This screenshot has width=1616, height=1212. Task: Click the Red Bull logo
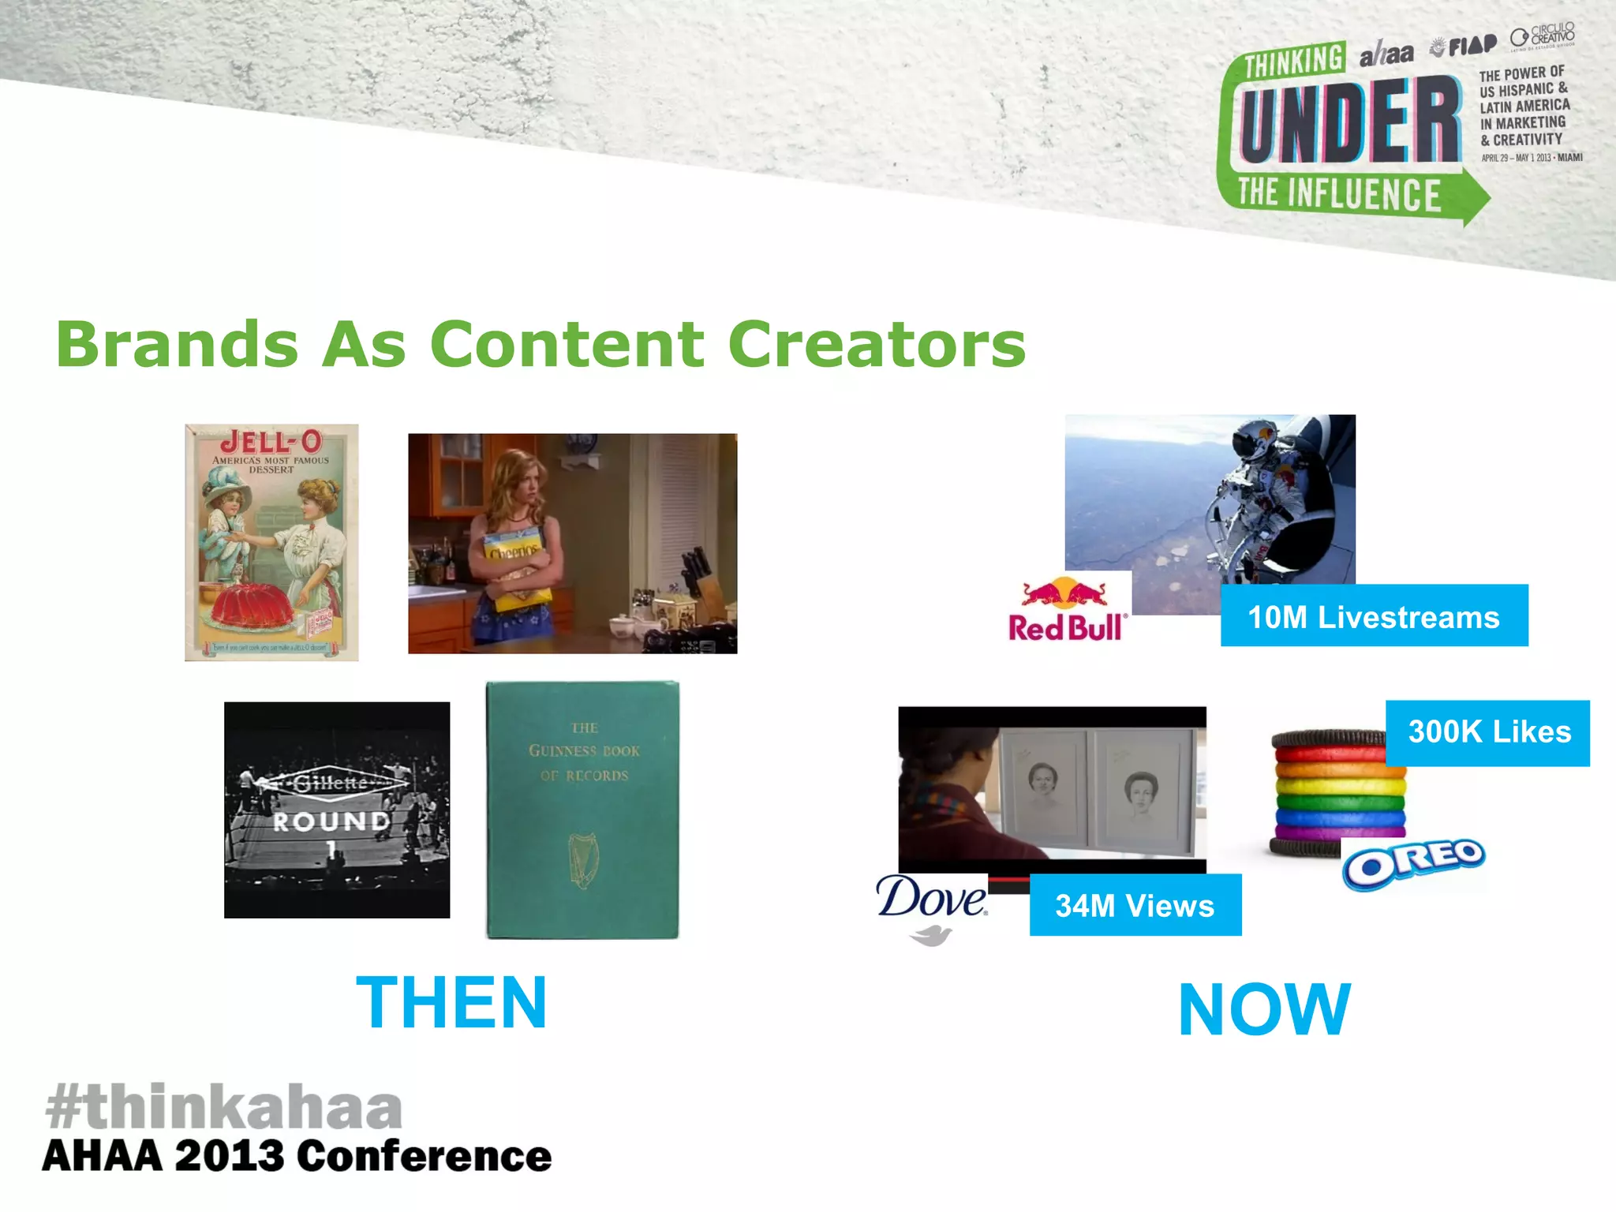(x=1067, y=611)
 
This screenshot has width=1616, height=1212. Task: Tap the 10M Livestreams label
(x=1373, y=617)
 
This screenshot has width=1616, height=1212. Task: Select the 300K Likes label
(x=1489, y=732)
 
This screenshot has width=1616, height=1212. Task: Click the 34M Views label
(x=1135, y=906)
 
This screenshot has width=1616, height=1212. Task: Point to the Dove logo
(x=932, y=907)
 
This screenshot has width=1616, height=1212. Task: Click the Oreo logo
(x=1414, y=862)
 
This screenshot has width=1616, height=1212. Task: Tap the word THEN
(x=451, y=1003)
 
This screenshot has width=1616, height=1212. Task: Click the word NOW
(x=1264, y=1010)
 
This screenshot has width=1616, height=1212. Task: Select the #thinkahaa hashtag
(x=224, y=1106)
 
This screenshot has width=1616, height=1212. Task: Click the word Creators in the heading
(x=876, y=345)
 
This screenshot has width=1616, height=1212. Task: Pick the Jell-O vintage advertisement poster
(x=271, y=542)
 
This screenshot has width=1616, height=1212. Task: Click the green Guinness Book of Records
(x=582, y=810)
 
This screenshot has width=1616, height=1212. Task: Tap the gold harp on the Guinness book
(x=583, y=859)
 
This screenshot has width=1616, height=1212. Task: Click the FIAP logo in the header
(x=1464, y=47)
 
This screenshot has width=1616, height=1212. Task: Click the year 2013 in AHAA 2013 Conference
(x=229, y=1157)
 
